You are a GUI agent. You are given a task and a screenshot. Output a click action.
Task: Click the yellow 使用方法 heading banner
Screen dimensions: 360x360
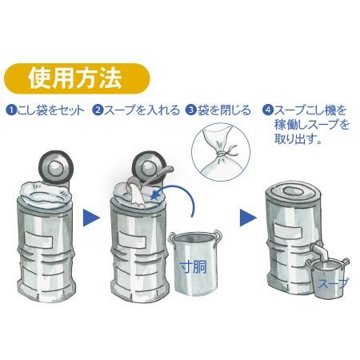pos(77,78)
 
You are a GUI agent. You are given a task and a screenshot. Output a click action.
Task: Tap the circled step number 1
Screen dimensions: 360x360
pos(11,110)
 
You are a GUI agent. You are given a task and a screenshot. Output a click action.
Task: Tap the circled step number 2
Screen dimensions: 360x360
pos(98,110)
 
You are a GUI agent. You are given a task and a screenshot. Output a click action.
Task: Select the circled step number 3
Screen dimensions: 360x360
pos(190,110)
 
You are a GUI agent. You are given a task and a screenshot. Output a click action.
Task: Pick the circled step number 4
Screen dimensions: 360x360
pos(267,110)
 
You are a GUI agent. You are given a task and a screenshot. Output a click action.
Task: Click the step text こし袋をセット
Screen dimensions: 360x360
pos(50,110)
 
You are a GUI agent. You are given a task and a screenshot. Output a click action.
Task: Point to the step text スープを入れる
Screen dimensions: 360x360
pos(142,110)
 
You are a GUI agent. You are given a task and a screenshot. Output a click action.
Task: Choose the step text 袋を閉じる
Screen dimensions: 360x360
pos(224,110)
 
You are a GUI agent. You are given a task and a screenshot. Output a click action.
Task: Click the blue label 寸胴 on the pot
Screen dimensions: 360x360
pos(194,266)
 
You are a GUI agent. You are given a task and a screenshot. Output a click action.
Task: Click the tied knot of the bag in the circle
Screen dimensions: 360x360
pos(221,154)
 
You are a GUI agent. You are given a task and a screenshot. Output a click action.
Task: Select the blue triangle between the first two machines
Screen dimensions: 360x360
pos(91,218)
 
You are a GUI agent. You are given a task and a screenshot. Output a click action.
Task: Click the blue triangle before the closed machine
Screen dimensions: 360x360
pos(248,218)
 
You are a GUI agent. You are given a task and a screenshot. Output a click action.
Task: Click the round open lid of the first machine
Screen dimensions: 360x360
pos(56,167)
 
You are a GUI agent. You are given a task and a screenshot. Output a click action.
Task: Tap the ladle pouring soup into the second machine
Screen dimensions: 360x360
pos(150,179)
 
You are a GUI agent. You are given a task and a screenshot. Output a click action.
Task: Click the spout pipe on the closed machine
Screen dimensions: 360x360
pos(321,252)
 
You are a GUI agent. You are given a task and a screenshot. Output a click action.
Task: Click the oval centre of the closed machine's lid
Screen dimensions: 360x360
pos(293,191)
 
